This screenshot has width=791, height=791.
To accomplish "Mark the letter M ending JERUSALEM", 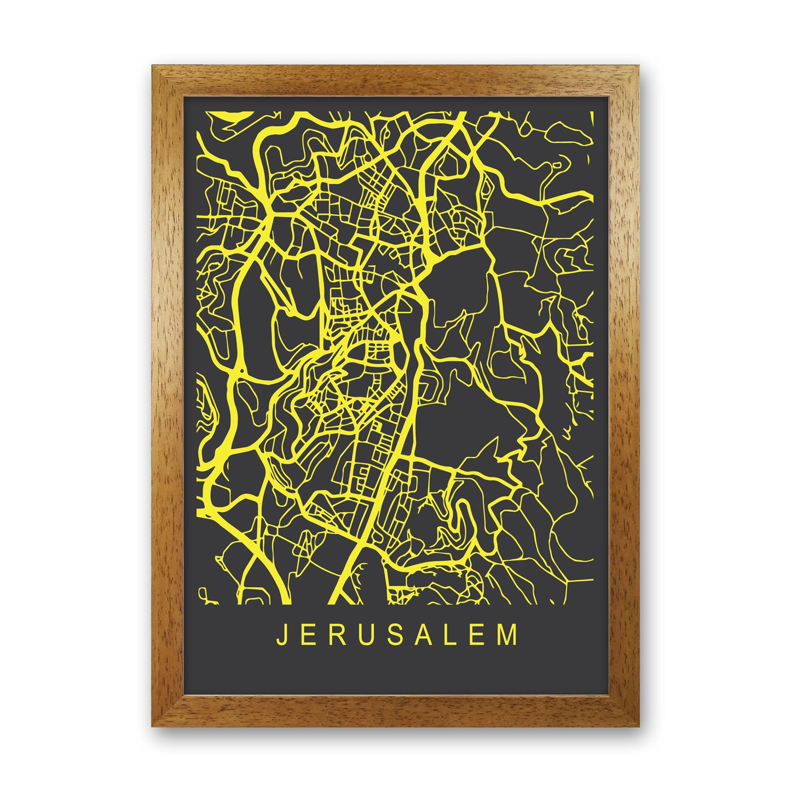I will pyautogui.click(x=510, y=635).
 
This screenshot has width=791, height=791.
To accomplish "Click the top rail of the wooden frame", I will pyautogui.click(x=395, y=81).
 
